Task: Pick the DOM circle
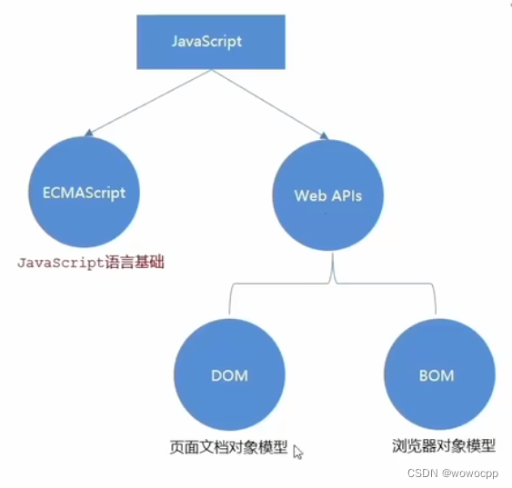(228, 375)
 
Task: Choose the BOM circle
(439, 375)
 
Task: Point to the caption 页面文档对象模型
(228, 447)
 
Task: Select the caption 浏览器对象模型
(438, 446)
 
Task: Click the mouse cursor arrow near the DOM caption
(297, 451)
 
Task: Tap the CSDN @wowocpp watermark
(459, 473)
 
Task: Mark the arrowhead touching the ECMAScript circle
(88, 134)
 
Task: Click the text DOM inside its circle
(228, 375)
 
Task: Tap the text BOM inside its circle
(439, 375)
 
